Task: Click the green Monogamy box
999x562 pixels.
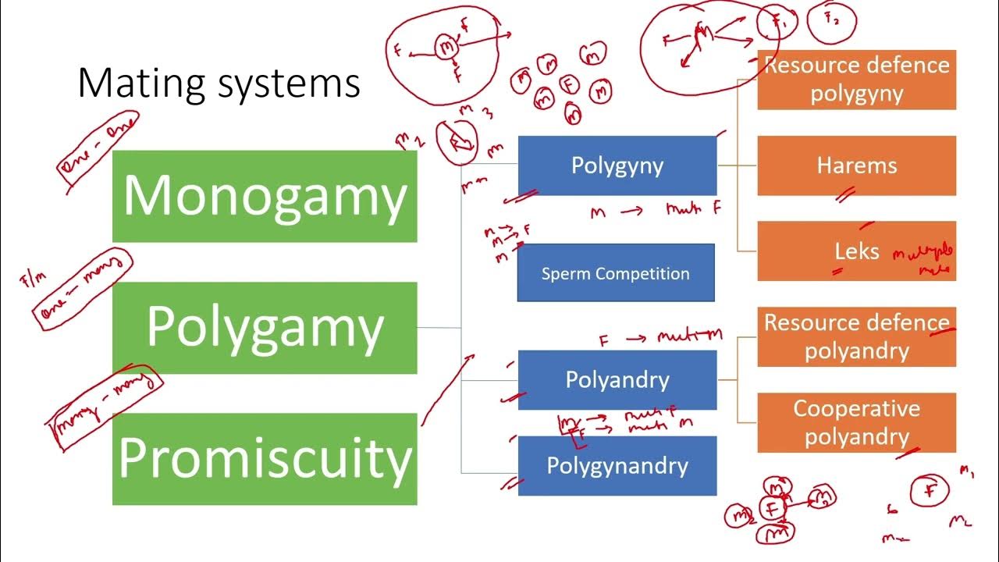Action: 265,196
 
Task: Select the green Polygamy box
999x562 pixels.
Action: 265,328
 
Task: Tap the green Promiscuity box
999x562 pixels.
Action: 265,459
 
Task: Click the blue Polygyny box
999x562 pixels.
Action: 617,165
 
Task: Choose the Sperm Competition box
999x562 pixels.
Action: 615,273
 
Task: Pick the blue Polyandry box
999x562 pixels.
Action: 617,380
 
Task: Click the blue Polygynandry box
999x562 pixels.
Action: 617,466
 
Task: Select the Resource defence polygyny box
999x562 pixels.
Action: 856,80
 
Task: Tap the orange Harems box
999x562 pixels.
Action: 856,165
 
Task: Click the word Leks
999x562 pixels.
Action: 856,251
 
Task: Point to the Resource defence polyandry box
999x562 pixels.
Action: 856,336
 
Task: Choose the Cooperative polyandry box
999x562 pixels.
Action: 856,422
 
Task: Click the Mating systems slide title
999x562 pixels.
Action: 219,84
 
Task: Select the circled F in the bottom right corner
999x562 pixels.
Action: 930,491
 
